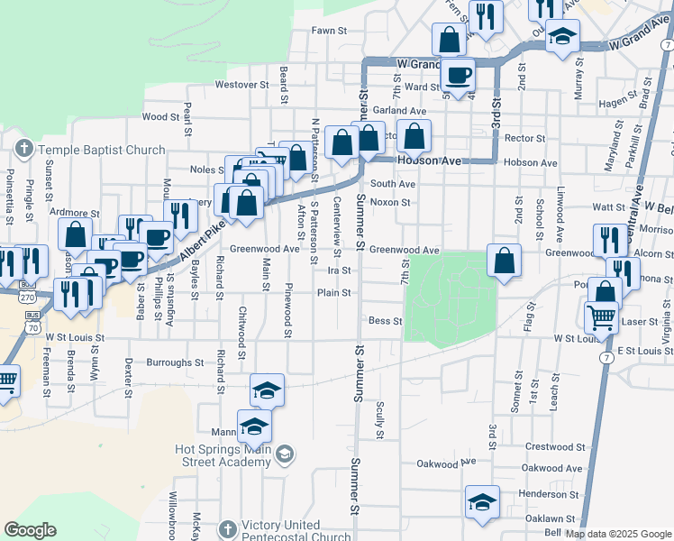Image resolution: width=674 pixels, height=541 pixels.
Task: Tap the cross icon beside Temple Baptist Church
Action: (x=24, y=146)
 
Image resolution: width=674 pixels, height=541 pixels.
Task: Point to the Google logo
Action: (x=30, y=530)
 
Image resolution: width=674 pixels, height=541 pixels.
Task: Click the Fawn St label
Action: (x=329, y=31)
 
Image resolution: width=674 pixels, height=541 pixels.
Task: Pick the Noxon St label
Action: (x=389, y=202)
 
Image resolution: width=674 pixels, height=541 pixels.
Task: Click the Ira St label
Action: (x=339, y=270)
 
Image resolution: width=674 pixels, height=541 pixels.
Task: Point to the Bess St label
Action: (x=385, y=320)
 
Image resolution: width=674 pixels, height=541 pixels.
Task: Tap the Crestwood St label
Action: (x=556, y=446)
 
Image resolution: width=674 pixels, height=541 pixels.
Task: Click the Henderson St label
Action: (x=548, y=494)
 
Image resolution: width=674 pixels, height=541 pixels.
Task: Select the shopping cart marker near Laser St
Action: (x=601, y=317)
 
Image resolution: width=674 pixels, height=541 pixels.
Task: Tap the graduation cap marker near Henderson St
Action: (x=482, y=502)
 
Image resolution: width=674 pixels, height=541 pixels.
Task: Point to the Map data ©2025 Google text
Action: (x=618, y=534)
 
